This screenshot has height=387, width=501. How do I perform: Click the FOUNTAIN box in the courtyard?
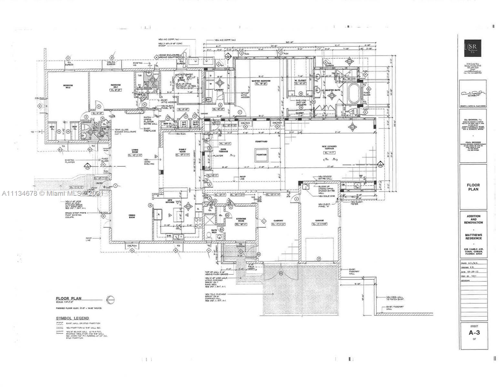click(x=261, y=155)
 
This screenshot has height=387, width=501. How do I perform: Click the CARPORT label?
click(x=278, y=221)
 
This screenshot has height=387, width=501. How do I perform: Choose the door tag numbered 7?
click(x=240, y=112)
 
